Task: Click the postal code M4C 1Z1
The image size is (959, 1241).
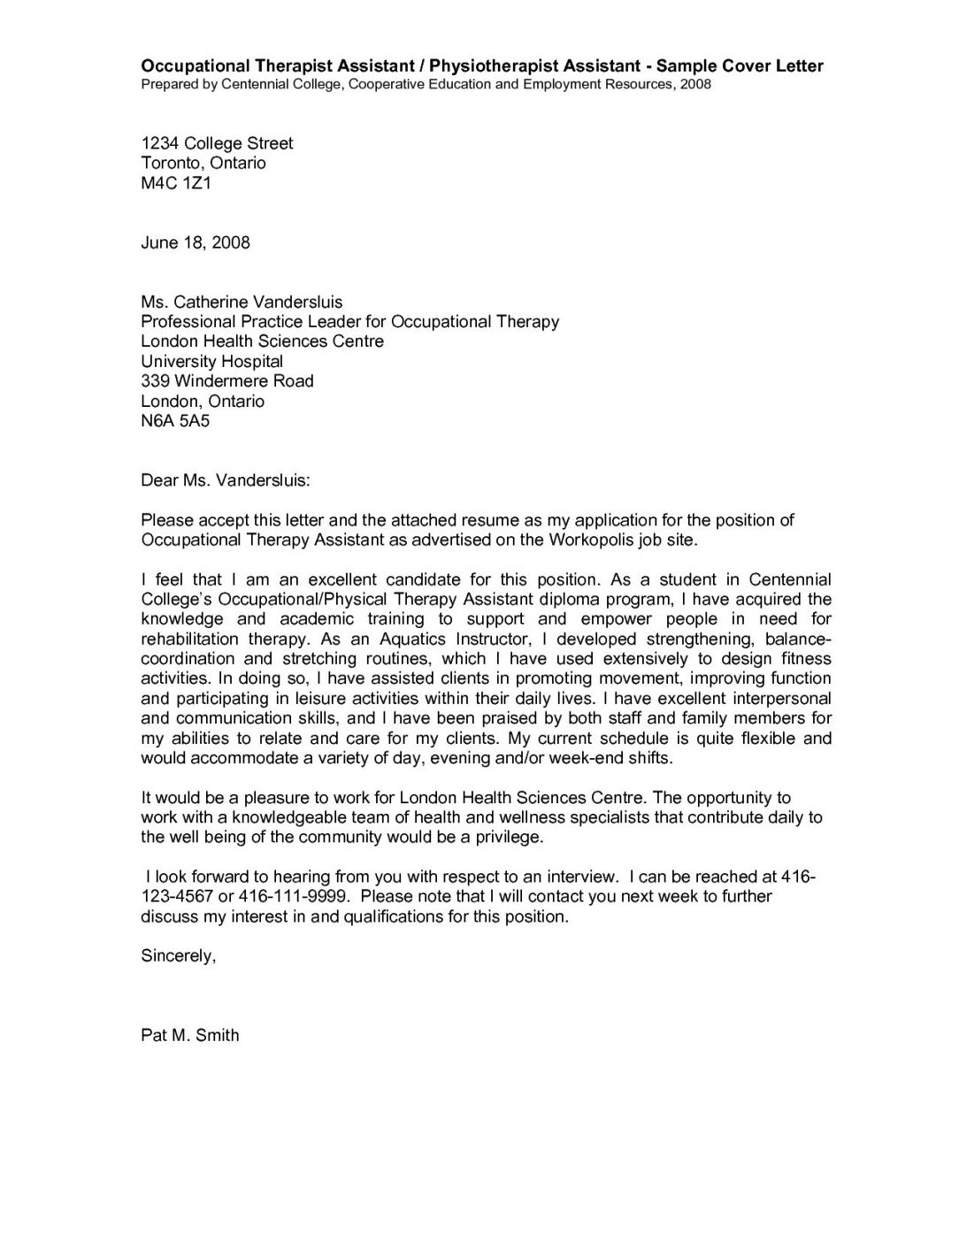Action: point(176,183)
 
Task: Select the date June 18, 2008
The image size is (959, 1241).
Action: point(196,242)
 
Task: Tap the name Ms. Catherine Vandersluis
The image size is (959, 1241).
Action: point(242,302)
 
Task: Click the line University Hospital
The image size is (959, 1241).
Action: point(212,361)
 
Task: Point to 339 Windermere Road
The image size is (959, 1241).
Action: point(227,381)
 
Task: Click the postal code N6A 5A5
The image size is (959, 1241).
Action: point(175,421)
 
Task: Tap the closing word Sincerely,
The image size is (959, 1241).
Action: point(178,956)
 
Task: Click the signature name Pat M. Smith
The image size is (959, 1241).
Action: point(190,1035)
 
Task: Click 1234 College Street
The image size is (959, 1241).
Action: point(217,143)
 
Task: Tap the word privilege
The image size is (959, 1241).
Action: point(509,837)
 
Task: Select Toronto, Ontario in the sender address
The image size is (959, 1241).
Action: point(203,163)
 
